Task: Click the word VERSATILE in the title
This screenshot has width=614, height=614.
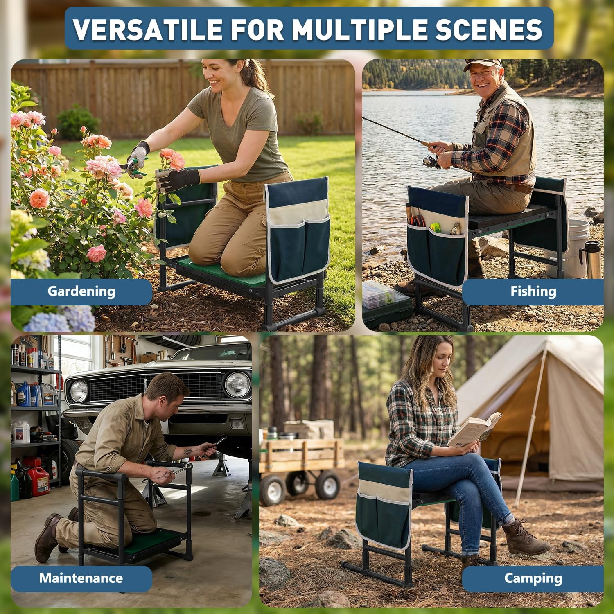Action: coord(147,29)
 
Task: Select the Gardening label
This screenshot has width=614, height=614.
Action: coord(81,291)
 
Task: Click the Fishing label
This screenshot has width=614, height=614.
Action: coord(533,291)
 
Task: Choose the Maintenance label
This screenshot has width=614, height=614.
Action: coord(81,578)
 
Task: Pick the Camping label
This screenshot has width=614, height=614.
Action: coord(533,578)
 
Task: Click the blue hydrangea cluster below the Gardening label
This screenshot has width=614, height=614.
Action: coord(61,319)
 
